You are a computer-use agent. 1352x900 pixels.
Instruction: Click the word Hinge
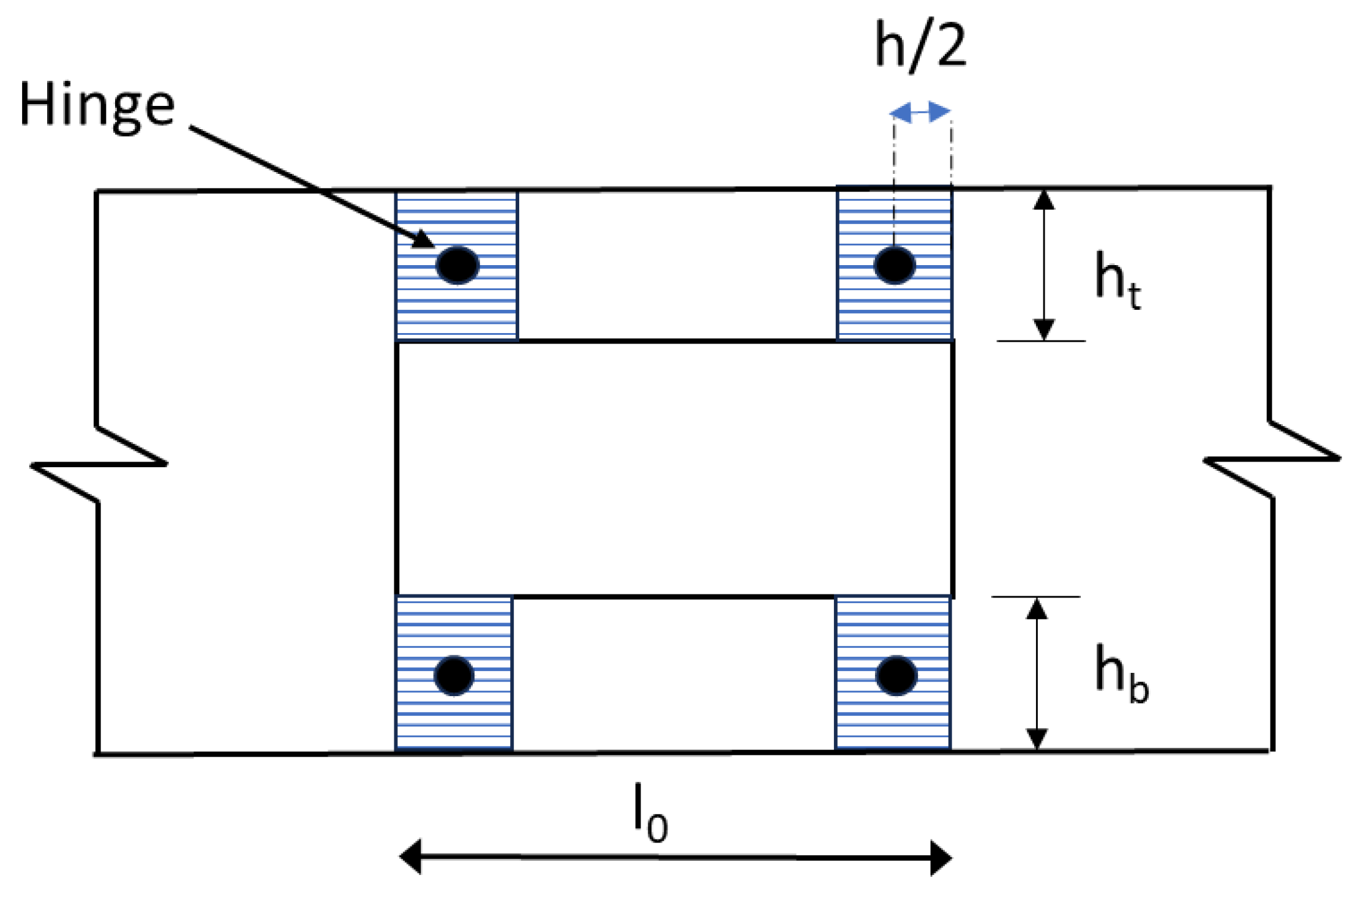97,106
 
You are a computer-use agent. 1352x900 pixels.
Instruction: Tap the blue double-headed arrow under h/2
920,112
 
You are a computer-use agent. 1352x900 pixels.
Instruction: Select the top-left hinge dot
457,265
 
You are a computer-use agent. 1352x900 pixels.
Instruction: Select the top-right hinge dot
895,265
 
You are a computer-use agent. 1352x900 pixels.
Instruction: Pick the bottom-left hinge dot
454,675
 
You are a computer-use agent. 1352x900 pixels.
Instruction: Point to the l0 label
650,813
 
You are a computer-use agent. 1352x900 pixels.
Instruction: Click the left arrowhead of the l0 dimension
410,857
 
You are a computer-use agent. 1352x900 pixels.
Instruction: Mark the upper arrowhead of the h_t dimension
1044,200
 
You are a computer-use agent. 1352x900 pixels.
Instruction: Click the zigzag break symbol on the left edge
98,463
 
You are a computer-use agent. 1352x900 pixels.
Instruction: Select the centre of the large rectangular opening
675,468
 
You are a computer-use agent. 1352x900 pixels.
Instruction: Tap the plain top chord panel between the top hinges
677,265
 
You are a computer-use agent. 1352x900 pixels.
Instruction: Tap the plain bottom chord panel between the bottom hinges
674,673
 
